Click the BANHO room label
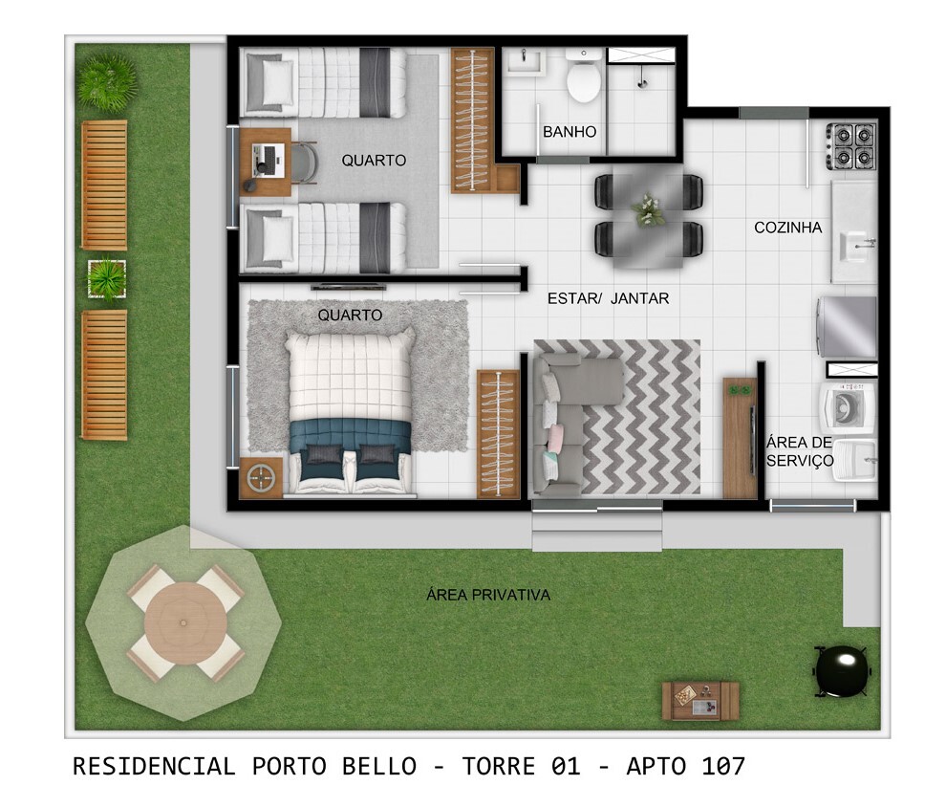click(x=569, y=132)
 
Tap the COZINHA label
click(x=788, y=228)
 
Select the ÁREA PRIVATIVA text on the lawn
click(x=488, y=595)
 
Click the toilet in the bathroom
click(x=584, y=76)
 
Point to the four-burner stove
click(x=850, y=146)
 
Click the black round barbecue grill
click(x=842, y=671)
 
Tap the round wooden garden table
click(x=185, y=622)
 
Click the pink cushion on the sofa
click(x=555, y=435)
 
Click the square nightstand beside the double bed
click(x=261, y=478)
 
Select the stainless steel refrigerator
click(x=847, y=327)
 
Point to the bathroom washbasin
click(x=524, y=61)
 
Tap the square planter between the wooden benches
click(x=107, y=278)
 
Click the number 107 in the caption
click(x=722, y=767)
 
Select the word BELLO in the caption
click(x=379, y=767)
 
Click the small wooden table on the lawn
click(x=699, y=702)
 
